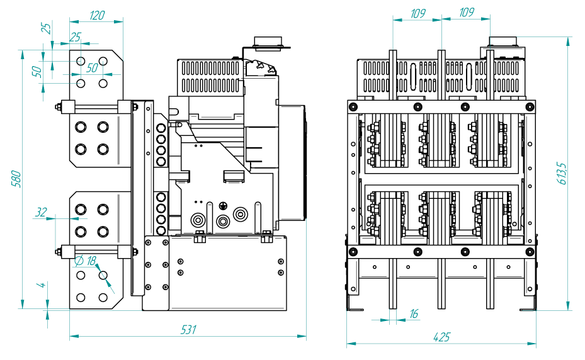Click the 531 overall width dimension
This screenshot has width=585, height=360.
click(188, 330)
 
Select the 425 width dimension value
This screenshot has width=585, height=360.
click(441, 337)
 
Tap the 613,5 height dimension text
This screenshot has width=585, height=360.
click(562, 173)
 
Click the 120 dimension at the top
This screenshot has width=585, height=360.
click(97, 15)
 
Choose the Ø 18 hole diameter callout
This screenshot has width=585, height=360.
click(86, 261)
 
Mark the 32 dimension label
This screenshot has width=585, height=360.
click(41, 212)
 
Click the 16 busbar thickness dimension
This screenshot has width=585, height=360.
click(414, 313)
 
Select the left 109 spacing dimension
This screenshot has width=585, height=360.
click(418, 13)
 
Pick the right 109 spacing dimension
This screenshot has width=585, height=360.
click(467, 13)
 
